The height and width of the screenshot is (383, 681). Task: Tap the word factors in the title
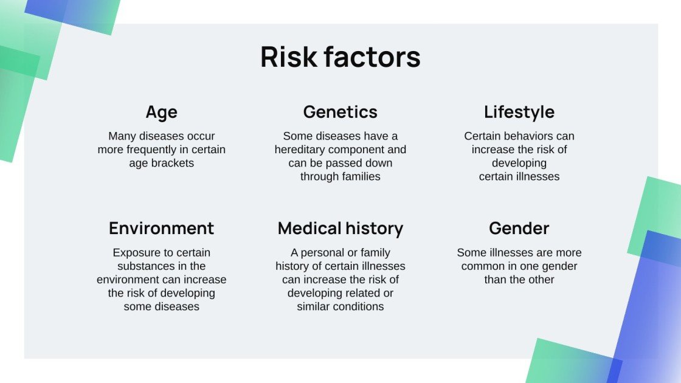point(372,57)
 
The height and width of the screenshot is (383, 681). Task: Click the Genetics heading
point(340,112)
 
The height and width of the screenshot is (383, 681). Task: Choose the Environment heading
point(162,229)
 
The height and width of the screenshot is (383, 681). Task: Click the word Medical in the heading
point(309,229)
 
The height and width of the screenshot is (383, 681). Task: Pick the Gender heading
point(519,229)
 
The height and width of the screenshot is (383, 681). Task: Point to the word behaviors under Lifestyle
point(527,136)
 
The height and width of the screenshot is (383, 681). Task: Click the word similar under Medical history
point(312,306)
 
